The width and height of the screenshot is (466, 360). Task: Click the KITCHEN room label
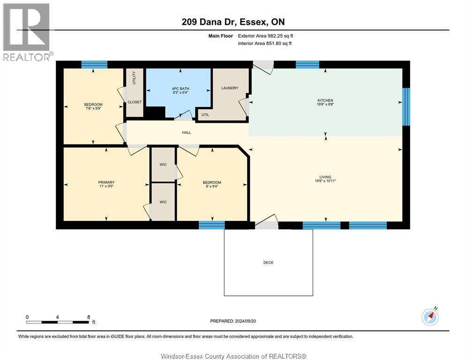tap(325, 100)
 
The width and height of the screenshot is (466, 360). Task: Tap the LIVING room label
tap(325, 177)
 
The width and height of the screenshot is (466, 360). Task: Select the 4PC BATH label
tap(180, 89)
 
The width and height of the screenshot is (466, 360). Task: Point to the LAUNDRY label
tap(230, 88)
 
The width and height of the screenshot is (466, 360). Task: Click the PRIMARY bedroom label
tap(106, 182)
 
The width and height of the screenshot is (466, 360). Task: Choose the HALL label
tap(187, 133)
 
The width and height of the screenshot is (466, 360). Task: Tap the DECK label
tap(268, 262)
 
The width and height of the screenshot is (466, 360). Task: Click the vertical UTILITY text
tap(134, 78)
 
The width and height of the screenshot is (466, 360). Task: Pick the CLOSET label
tap(135, 102)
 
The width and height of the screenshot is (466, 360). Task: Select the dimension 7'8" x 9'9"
tap(93, 108)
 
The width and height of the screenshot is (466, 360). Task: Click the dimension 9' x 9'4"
tap(212, 187)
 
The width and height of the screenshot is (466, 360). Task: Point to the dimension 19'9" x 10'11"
tap(325, 181)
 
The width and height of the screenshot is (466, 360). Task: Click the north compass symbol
tap(430, 316)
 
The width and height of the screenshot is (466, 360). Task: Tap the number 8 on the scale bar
tap(89, 317)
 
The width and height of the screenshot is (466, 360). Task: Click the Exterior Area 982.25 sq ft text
tap(265, 36)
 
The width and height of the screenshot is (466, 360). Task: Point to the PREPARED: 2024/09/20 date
tap(233, 321)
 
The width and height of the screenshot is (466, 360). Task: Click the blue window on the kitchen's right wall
tap(406, 107)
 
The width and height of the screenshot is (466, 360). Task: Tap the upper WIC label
tap(163, 165)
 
